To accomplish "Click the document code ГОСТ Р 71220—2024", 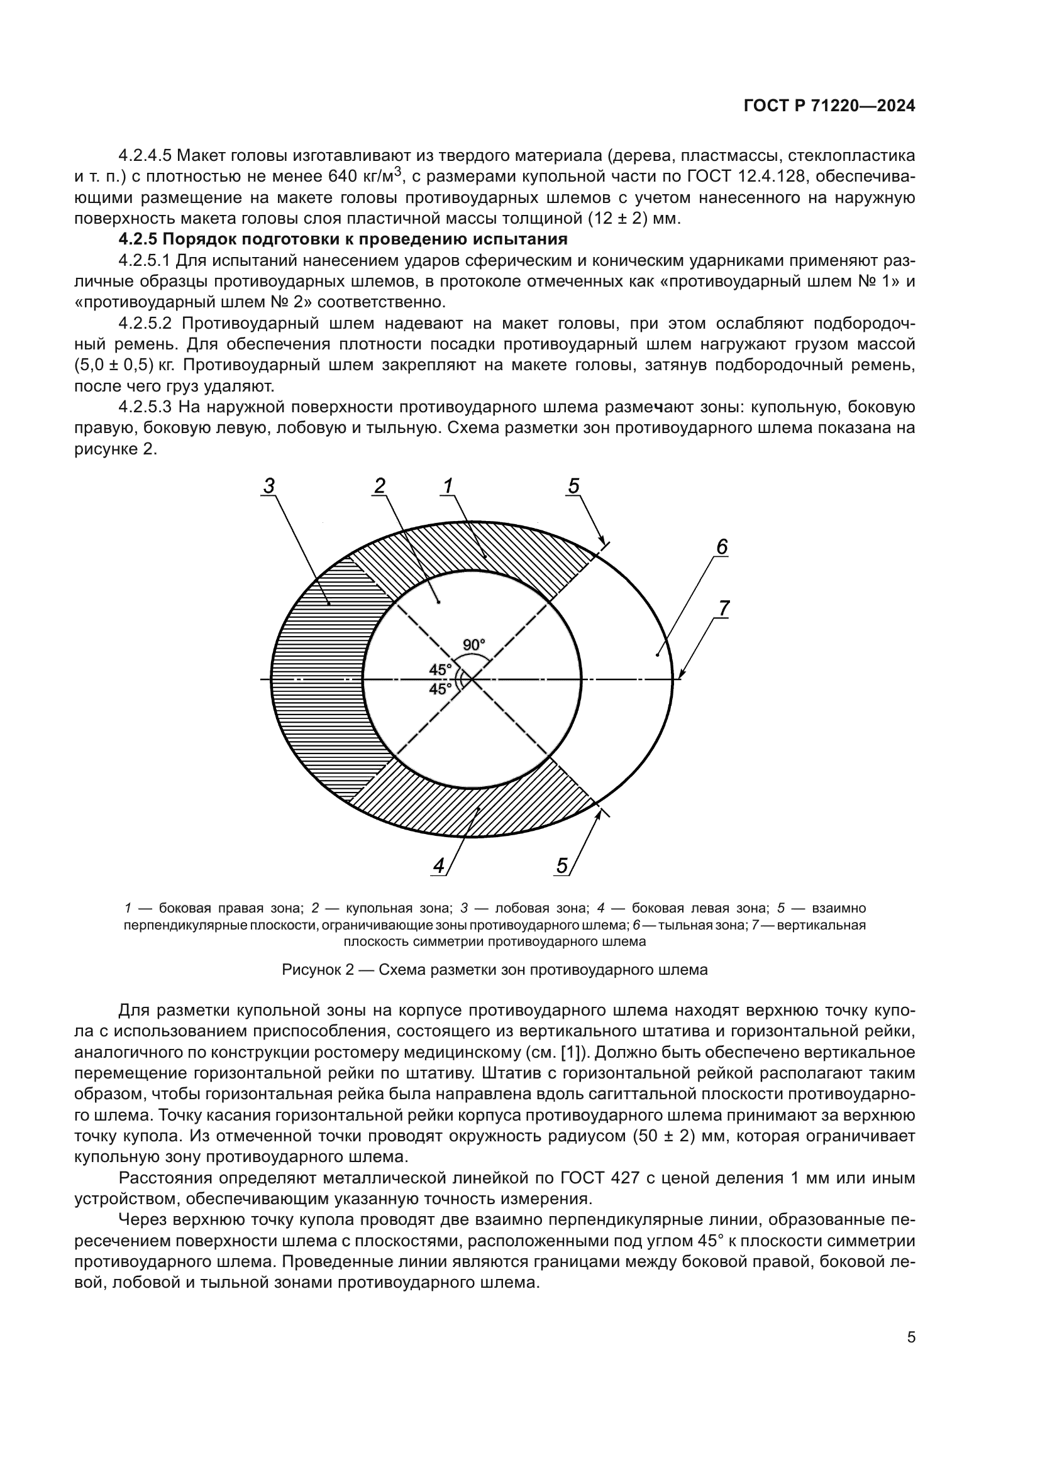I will [829, 106].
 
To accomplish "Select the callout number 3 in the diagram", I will [269, 486].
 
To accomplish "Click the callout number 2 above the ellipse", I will [380, 486].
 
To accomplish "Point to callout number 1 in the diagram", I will [448, 486].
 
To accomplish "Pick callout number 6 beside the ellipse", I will [722, 547].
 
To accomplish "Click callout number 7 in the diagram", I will [724, 608].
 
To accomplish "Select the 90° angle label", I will [475, 645].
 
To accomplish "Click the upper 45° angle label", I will [440, 670].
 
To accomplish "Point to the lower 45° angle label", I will [440, 689].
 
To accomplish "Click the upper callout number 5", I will [573, 486].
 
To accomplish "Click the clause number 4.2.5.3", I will [145, 407].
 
